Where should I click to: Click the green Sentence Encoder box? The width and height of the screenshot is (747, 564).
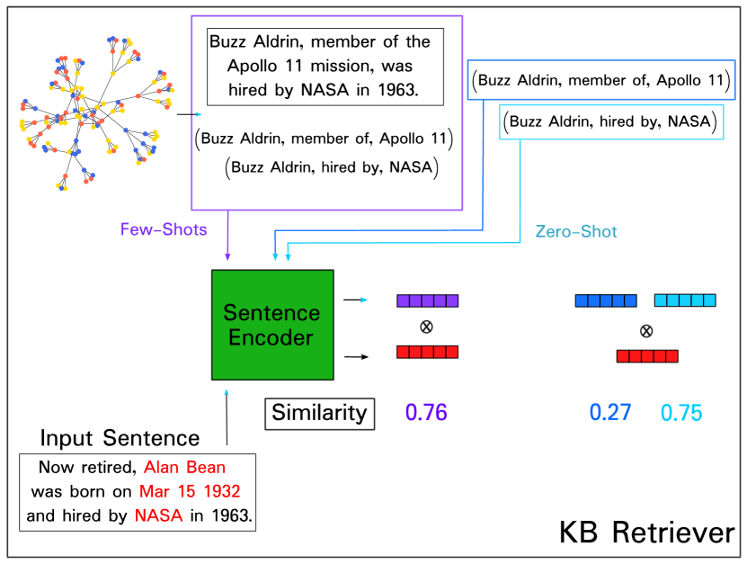pyautogui.click(x=272, y=325)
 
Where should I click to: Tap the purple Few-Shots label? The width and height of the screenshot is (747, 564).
pyautogui.click(x=164, y=229)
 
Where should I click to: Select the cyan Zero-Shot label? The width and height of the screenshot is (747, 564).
pyautogui.click(x=576, y=231)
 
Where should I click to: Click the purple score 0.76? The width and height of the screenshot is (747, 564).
pyautogui.click(x=426, y=413)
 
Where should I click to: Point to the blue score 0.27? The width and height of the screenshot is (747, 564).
pyautogui.click(x=610, y=413)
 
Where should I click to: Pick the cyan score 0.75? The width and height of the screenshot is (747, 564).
pyautogui.click(x=681, y=413)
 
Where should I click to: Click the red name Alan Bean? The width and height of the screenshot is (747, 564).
pyautogui.click(x=185, y=468)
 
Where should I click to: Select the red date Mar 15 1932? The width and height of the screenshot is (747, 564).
pyautogui.click(x=190, y=492)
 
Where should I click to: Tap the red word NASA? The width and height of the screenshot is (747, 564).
pyautogui.click(x=159, y=515)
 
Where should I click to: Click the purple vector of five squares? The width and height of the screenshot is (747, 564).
pyautogui.click(x=428, y=300)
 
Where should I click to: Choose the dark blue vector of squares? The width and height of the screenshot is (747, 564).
pyautogui.click(x=606, y=300)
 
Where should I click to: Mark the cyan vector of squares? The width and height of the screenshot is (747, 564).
pyautogui.click(x=685, y=300)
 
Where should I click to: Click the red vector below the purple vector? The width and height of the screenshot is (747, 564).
pyautogui.click(x=428, y=352)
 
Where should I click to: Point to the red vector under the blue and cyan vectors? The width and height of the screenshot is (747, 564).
pyautogui.click(x=647, y=356)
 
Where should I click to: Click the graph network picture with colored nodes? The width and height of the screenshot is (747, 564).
pyautogui.click(x=97, y=113)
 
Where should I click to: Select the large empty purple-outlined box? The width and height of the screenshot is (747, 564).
pyautogui.click(x=327, y=112)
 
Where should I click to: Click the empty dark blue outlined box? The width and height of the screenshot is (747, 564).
pyautogui.click(x=600, y=79)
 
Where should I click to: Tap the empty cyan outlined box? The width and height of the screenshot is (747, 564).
pyautogui.click(x=611, y=122)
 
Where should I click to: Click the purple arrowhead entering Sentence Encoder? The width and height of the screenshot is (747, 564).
pyautogui.click(x=227, y=257)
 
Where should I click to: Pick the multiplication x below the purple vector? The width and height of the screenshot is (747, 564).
pyautogui.click(x=427, y=327)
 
